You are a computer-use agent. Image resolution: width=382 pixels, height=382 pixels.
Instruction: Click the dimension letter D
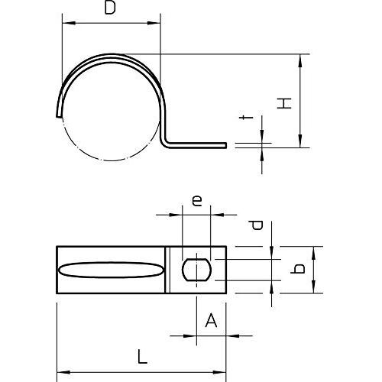tap(110, 8)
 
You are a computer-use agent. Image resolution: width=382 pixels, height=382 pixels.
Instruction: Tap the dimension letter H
tap(284, 103)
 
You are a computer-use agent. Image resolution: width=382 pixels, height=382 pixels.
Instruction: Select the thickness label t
tap(246, 118)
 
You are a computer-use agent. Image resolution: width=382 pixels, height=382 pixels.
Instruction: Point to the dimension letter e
tap(197, 201)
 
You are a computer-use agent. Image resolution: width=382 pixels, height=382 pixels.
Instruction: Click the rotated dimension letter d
tap(256, 225)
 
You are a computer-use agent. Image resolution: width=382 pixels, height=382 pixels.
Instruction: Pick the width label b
tap(297, 269)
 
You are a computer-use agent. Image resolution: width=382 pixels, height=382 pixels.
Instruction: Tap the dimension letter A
tap(211, 320)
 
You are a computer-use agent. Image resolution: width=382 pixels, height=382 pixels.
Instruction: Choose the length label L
tap(142, 357)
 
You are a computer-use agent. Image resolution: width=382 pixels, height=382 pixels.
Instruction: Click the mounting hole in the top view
tap(196, 270)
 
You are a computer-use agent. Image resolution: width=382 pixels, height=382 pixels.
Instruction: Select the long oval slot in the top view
tap(111, 270)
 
